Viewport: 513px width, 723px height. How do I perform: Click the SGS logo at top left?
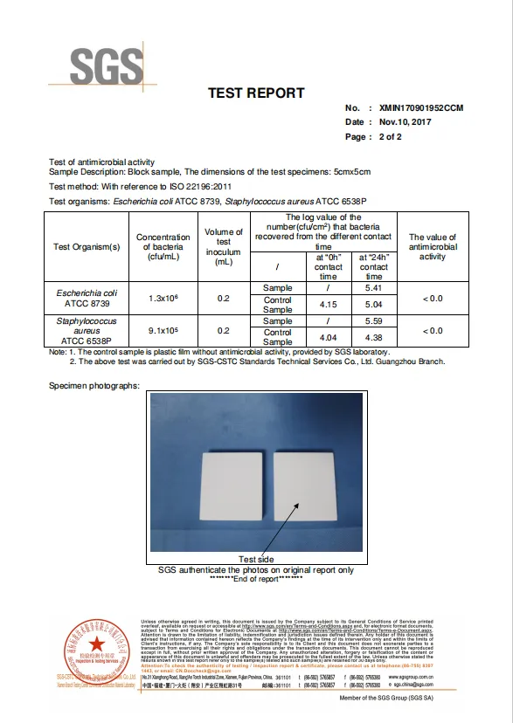tap(106, 65)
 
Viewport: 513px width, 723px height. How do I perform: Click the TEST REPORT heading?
tap(256, 93)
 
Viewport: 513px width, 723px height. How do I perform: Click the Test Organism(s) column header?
tap(86, 246)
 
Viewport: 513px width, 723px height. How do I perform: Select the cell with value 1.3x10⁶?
tap(163, 299)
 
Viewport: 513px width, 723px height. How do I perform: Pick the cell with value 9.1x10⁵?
tap(163, 331)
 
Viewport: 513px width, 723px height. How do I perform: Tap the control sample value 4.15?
tap(328, 304)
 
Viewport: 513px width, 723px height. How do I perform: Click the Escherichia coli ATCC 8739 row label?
tap(86, 298)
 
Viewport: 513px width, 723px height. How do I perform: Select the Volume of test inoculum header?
tap(224, 246)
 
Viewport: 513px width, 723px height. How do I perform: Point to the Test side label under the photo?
tap(256, 560)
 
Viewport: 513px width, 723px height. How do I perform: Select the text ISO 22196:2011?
tap(201, 187)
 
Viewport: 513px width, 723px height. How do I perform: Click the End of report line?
tap(256, 579)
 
